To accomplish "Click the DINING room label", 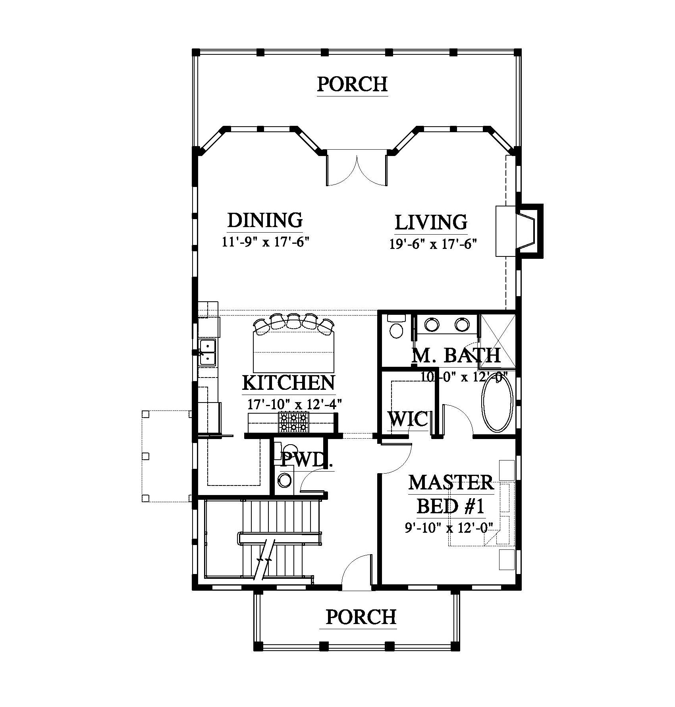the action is click(265, 220).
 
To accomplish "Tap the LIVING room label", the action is click(431, 222).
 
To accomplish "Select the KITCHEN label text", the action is click(289, 383).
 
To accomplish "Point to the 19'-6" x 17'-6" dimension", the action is click(432, 243).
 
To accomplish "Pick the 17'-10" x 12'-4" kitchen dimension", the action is click(295, 404).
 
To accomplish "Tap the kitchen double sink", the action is click(207, 352).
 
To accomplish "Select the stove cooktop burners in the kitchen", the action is click(294, 422).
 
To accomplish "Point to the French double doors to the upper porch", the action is click(357, 169).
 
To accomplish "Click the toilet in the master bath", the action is click(396, 326).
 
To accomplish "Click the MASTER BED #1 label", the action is click(451, 494).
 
